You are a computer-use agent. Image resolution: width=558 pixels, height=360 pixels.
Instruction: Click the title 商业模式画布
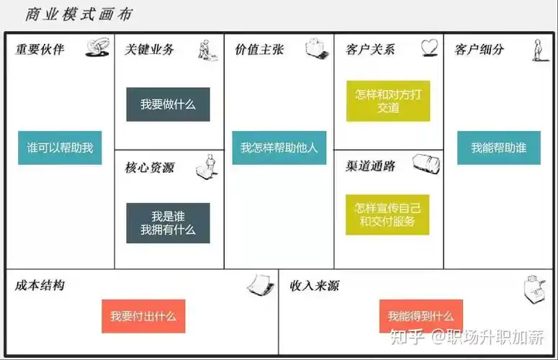pyautogui.click(x=78, y=14)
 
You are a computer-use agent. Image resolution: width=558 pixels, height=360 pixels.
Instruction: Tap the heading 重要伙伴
pyautogui.click(x=40, y=50)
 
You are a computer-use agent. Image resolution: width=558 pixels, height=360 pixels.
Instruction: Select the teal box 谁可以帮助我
pyautogui.click(x=60, y=148)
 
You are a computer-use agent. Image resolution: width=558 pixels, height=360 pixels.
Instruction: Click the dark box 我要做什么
pyautogui.click(x=168, y=104)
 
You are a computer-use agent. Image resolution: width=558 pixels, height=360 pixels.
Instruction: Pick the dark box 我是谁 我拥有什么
pyautogui.click(x=168, y=222)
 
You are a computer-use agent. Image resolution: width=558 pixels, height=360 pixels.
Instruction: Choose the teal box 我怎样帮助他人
pyautogui.click(x=279, y=148)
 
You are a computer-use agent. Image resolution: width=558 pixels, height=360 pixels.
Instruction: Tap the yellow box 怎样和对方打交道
pyautogui.click(x=387, y=101)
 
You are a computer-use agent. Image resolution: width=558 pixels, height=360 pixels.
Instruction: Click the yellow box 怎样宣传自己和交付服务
pyautogui.click(x=387, y=215)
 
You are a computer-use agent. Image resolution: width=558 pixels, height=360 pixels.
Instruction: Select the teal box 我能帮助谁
pyautogui.click(x=498, y=148)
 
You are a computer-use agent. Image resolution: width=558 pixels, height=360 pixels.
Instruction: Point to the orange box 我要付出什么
pyautogui.click(x=143, y=316)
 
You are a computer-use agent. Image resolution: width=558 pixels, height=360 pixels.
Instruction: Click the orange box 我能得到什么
pyautogui.click(x=420, y=316)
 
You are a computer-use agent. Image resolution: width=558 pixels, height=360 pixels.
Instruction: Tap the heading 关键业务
pyautogui.click(x=150, y=50)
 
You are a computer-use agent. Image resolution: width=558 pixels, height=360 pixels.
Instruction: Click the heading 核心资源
pyautogui.click(x=150, y=168)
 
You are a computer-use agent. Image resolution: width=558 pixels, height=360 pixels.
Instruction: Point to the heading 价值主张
pyautogui.click(x=259, y=50)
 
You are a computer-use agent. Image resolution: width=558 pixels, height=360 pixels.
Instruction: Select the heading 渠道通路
pyautogui.click(x=370, y=166)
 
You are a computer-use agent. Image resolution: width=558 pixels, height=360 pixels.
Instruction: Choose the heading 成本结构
pyautogui.click(x=40, y=285)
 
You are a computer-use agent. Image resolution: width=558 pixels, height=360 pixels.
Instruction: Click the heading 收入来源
pyautogui.click(x=314, y=286)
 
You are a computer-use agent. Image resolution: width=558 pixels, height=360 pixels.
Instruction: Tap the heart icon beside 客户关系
pyautogui.click(x=430, y=48)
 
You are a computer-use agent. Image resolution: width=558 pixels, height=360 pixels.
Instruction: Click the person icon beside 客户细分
pyautogui.click(x=536, y=49)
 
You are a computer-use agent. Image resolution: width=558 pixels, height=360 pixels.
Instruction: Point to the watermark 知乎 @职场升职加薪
pyautogui.click(x=467, y=336)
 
